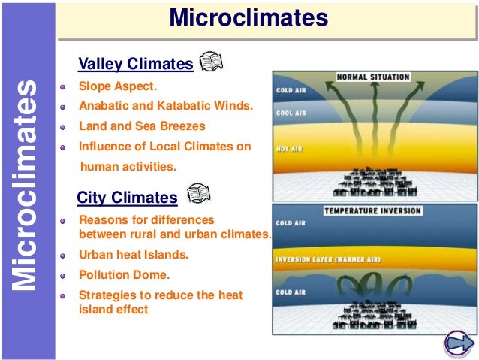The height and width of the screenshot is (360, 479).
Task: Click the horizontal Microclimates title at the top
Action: pyautogui.click(x=248, y=18)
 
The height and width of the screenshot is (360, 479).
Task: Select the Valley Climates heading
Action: pyautogui.click(x=136, y=64)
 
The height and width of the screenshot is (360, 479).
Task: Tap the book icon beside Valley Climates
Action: pyautogui.click(x=211, y=62)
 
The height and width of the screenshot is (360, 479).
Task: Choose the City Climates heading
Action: pyautogui.click(x=127, y=198)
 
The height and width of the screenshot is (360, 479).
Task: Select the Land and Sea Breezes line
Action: pyautogui.click(x=141, y=126)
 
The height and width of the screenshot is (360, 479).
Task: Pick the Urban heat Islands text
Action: pyautogui.click(x=134, y=255)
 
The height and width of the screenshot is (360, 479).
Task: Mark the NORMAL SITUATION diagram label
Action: pyautogui.click(x=373, y=77)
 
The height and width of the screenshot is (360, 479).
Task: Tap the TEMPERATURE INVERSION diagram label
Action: pyautogui.click(x=372, y=211)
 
